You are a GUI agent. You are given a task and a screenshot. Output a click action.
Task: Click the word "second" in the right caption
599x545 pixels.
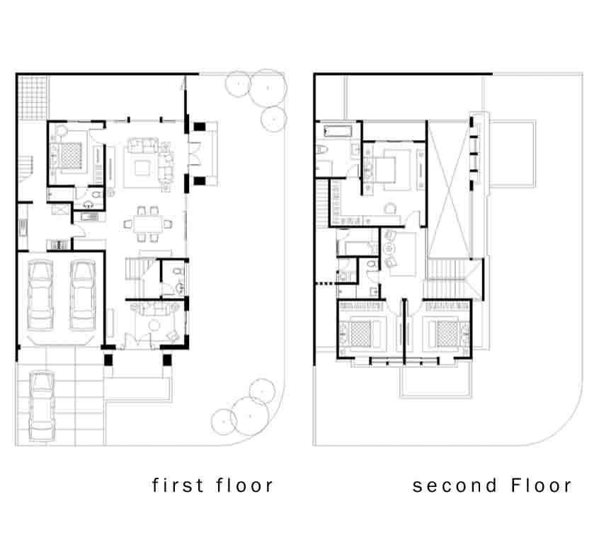click(x=455, y=486)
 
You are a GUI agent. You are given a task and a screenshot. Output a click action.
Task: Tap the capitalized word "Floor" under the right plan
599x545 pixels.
click(x=541, y=486)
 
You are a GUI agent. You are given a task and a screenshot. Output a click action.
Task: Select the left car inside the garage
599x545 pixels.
click(x=40, y=295)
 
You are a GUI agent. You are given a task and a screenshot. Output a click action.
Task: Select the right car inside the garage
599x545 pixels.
click(x=83, y=295)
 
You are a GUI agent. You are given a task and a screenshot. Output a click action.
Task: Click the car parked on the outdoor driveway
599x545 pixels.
click(x=42, y=406)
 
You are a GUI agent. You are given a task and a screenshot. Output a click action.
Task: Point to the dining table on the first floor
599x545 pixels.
click(x=148, y=224)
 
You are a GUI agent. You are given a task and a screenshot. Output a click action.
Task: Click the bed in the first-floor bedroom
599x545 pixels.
click(x=67, y=156)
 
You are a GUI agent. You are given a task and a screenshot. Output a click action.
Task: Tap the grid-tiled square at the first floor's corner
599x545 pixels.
click(x=33, y=98)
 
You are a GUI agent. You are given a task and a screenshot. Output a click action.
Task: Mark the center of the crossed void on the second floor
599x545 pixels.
click(x=449, y=190)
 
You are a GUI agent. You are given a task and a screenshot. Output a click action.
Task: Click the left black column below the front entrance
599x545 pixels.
click(x=108, y=360)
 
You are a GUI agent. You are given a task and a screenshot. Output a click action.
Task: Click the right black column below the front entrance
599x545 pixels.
click(x=167, y=360)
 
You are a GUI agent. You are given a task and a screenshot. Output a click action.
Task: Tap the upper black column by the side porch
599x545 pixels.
click(x=200, y=127)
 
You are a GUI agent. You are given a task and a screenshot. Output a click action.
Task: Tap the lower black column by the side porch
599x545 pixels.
click(x=200, y=180)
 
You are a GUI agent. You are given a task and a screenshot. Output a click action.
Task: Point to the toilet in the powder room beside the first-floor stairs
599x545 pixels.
click(x=177, y=271)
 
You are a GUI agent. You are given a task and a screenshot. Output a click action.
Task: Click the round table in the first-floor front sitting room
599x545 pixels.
click(x=154, y=326)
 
